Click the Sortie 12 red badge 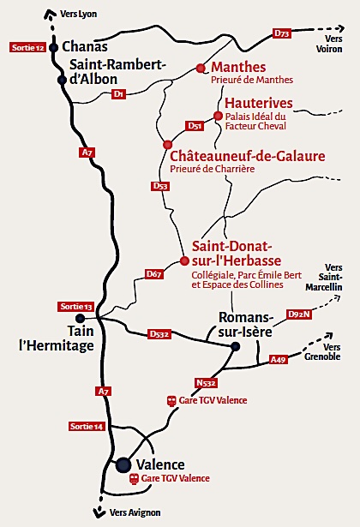pos(27,47)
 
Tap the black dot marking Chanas pos(53,47)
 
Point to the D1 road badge pos(119,93)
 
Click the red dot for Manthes pos(201,68)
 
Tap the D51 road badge pos(195,126)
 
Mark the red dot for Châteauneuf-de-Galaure pos(167,144)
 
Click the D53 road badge pos(159,186)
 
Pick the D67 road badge pos(153,274)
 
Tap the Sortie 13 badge pos(75,307)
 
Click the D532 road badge pos(160,333)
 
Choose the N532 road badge pos(206,382)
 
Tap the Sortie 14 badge pos(87,426)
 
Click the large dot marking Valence pos(123,464)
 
